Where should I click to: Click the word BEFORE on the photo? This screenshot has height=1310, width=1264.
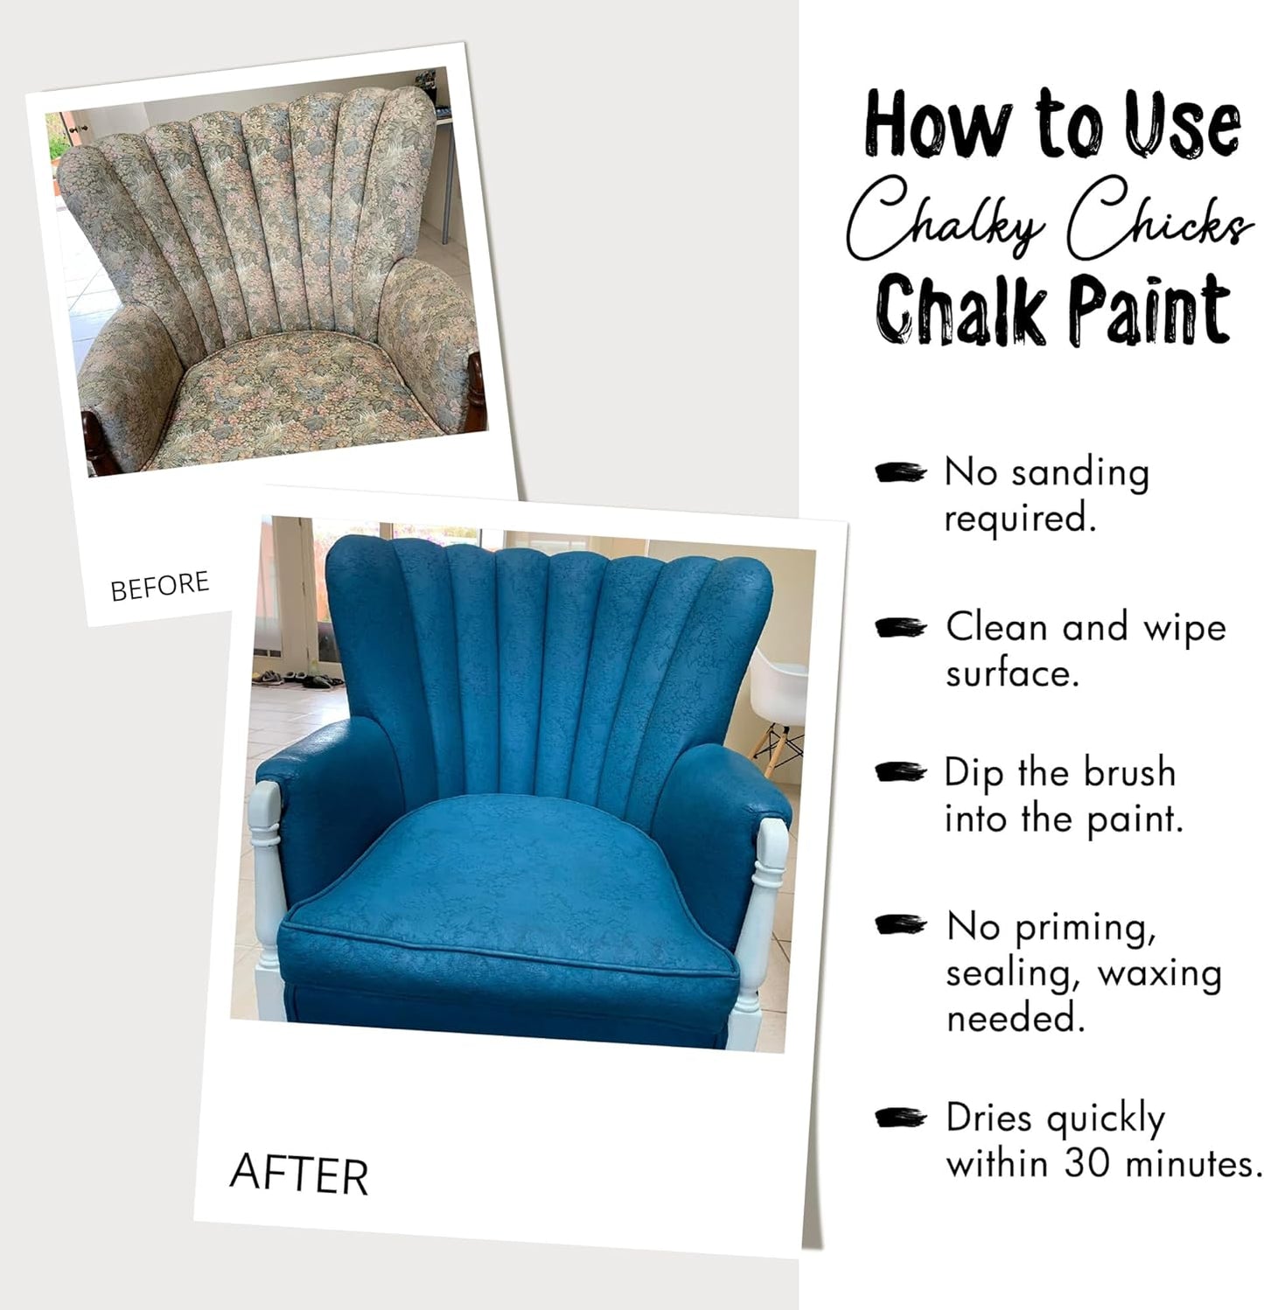point(160,586)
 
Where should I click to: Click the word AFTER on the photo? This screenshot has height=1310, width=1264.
point(298,1174)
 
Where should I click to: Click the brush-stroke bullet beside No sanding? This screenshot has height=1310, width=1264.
point(899,473)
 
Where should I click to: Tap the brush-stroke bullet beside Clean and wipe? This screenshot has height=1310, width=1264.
point(899,628)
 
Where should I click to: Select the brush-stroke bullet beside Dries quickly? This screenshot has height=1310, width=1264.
point(899,1118)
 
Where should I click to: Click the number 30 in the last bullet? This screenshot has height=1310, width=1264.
point(1089,1164)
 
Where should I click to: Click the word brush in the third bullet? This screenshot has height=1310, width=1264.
point(1129,773)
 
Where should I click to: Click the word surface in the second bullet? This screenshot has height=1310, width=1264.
point(1011,674)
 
